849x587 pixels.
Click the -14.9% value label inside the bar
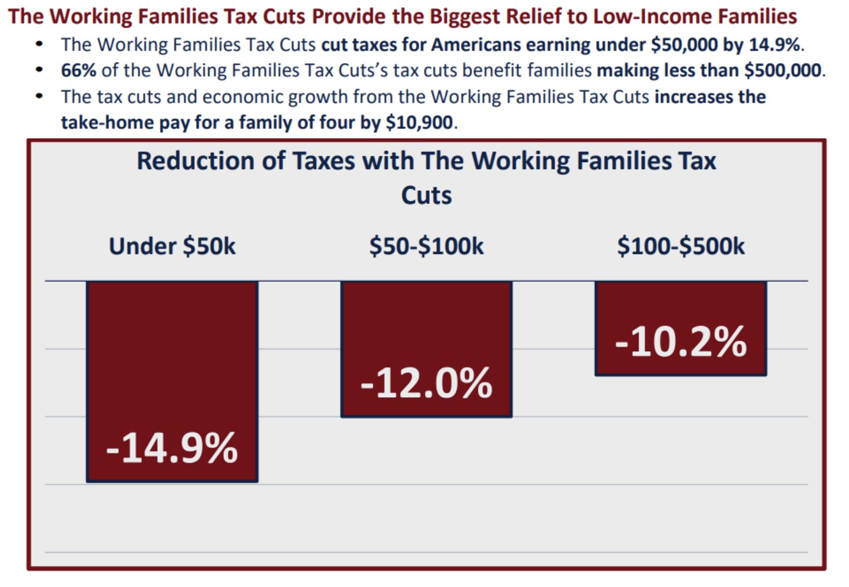click(172, 449)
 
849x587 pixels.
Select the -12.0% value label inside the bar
click(426, 383)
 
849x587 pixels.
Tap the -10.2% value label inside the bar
click(681, 342)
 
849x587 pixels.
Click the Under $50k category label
click(172, 246)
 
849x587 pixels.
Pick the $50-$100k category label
click(426, 246)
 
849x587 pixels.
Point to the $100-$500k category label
click(681, 246)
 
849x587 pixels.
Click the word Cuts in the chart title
click(426, 196)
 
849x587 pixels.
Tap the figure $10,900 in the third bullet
click(419, 123)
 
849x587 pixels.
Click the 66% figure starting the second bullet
click(78, 71)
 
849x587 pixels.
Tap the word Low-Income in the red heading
click(647, 17)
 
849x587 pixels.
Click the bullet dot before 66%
click(39, 70)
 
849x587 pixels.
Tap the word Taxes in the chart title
click(323, 161)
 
